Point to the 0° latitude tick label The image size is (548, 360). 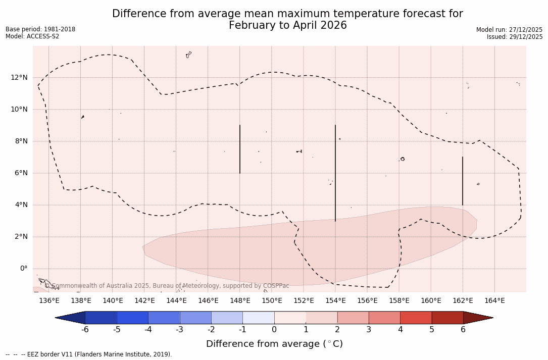[x=23, y=269]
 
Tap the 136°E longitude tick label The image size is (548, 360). [x=49, y=301]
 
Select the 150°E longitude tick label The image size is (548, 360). [x=272, y=301]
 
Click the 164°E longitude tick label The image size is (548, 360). [x=494, y=301]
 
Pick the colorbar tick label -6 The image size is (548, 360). [x=85, y=330]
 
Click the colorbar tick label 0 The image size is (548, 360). [x=274, y=330]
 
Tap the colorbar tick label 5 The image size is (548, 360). [x=432, y=330]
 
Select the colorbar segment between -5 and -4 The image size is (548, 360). [x=133, y=318]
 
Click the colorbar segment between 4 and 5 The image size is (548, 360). [x=416, y=318]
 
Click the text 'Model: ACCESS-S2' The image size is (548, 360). [x=32, y=36]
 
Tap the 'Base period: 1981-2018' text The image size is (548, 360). [x=40, y=29]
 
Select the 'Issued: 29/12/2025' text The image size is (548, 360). [x=515, y=37]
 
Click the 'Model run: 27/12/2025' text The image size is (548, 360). [x=509, y=30]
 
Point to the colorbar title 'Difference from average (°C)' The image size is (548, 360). [x=274, y=344]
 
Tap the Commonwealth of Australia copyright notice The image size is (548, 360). [x=167, y=286]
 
